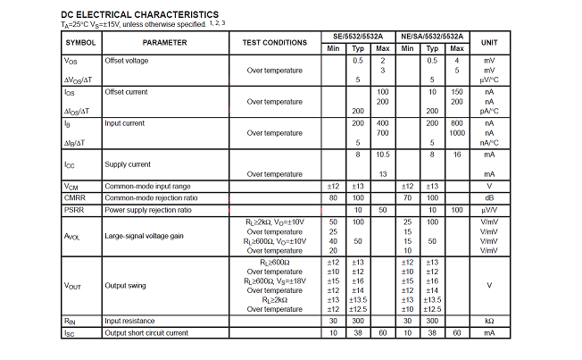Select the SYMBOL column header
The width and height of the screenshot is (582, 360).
pos(80,43)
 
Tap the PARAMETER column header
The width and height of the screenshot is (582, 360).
pos(164,43)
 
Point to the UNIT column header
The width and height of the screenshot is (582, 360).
pos(489,43)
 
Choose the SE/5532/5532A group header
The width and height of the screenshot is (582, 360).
pos(358,36)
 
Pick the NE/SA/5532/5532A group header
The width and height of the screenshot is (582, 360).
pos(432,36)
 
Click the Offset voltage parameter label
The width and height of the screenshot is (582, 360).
pos(127,61)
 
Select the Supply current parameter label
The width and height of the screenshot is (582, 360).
pos(127,164)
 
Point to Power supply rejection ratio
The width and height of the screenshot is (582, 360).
pos(148,210)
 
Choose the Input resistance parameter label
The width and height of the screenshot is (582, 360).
pos(131,321)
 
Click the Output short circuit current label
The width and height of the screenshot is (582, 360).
pos(146,333)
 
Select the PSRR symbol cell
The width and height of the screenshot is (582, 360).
pos(74,210)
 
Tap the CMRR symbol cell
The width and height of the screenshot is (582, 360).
pos(75,197)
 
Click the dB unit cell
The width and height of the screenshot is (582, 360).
pos(489,197)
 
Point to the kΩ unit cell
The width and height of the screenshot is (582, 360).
pos(489,321)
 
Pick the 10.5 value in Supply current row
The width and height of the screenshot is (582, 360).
pos(383,155)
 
